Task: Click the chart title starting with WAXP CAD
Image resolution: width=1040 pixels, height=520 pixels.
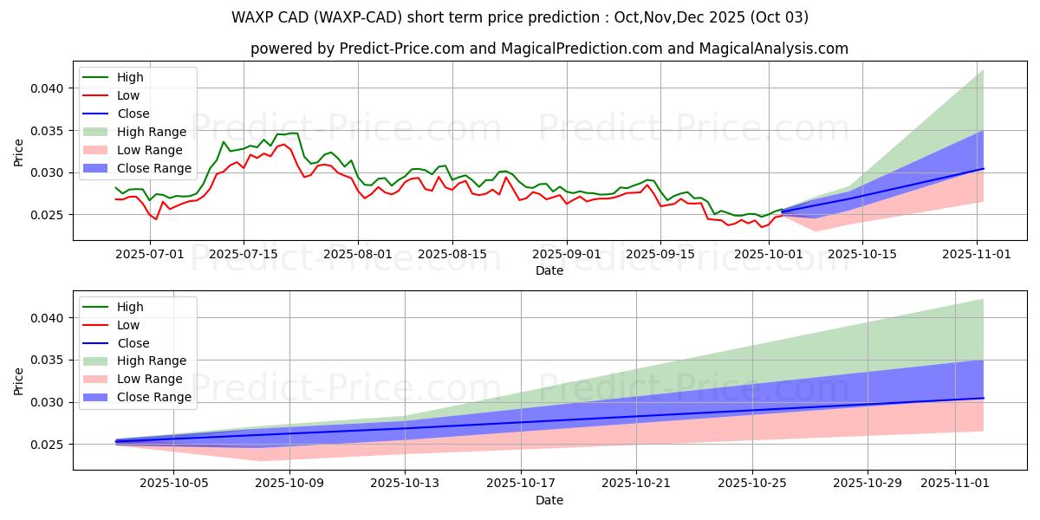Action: point(520,16)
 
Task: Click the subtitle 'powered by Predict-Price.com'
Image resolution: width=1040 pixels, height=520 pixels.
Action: point(549,49)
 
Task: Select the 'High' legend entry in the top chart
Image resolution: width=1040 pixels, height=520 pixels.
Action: point(130,77)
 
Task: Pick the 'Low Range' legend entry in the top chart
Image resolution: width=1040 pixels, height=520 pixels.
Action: point(151,150)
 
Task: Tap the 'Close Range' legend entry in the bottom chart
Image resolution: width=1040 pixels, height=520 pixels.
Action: point(153,397)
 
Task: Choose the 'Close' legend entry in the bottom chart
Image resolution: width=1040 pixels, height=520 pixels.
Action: point(133,343)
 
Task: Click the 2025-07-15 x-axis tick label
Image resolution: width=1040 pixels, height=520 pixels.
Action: point(243,253)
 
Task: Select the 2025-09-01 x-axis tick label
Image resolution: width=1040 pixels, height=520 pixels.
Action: point(567,253)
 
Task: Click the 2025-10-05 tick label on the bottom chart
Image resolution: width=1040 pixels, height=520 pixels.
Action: point(174,483)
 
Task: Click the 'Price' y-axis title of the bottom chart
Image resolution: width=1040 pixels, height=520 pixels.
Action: point(19,380)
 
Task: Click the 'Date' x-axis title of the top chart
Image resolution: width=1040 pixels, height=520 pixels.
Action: point(549,270)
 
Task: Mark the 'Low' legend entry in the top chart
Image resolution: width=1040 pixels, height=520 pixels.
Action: point(127,95)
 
